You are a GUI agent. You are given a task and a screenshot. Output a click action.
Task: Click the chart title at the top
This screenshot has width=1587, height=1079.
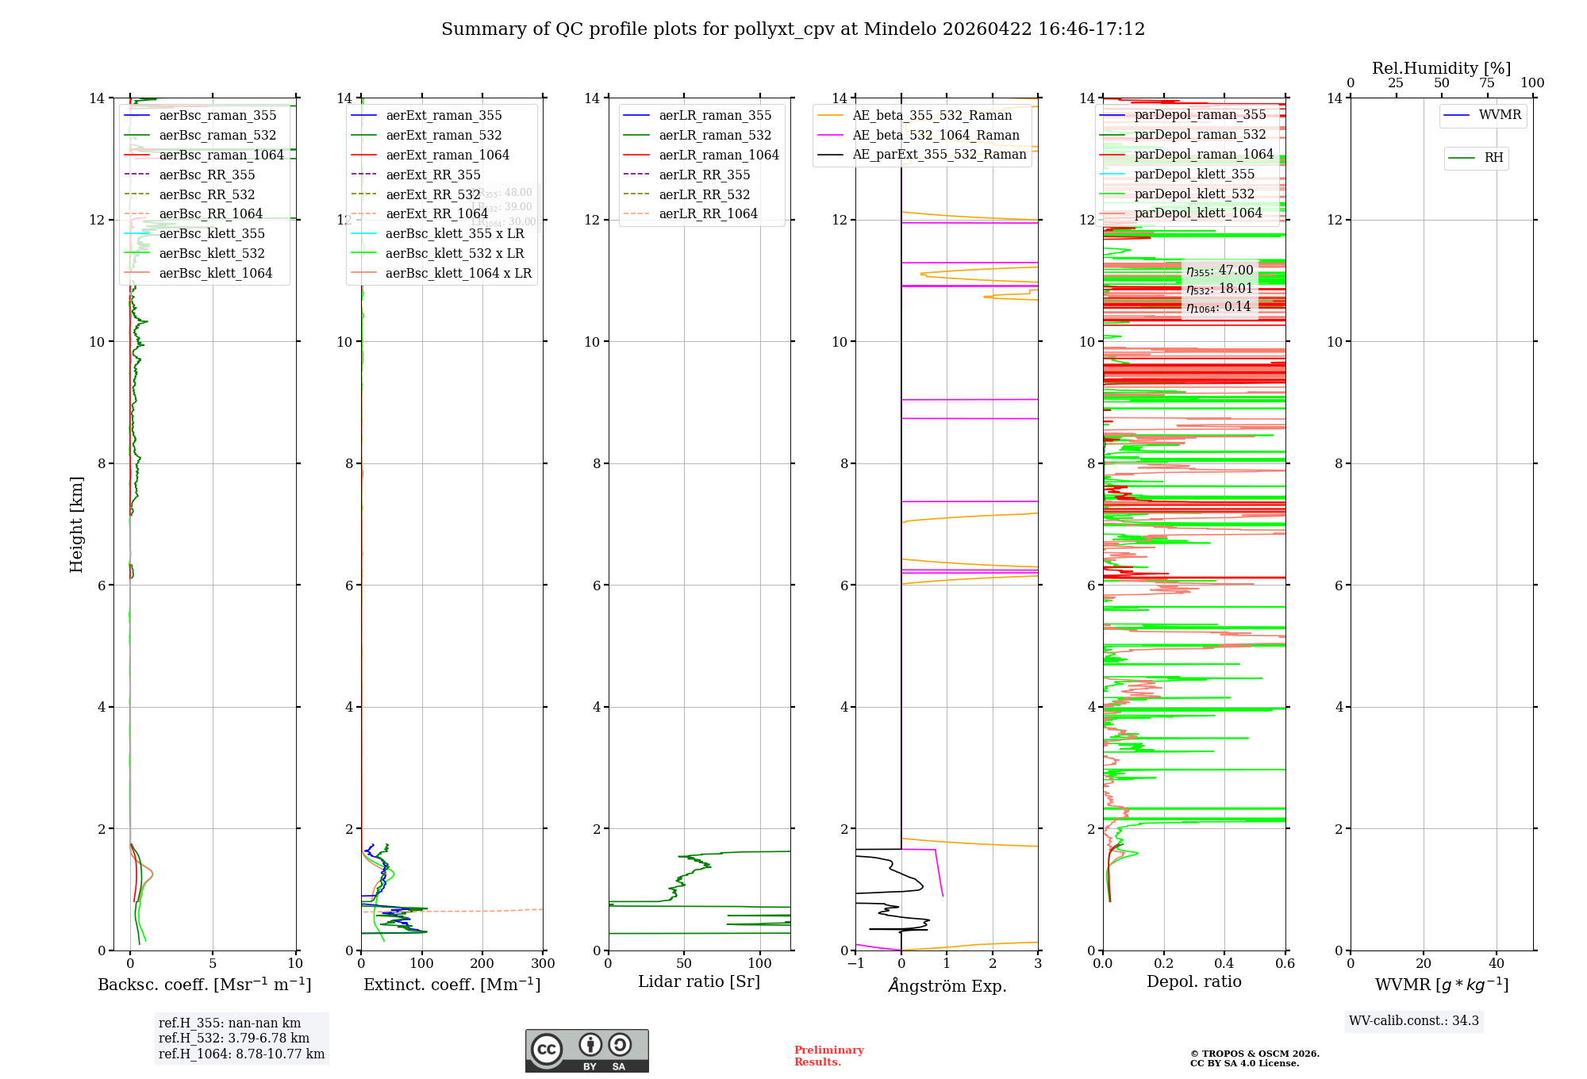793,29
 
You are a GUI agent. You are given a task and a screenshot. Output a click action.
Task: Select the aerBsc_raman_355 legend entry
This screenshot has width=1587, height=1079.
217,116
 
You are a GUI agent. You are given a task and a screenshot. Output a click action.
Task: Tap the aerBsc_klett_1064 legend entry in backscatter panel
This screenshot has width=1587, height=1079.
215,274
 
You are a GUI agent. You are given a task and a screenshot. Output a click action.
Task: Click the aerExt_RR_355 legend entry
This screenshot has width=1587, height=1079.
432,175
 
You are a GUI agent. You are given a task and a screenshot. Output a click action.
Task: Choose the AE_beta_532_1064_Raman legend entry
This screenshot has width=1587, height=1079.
936,136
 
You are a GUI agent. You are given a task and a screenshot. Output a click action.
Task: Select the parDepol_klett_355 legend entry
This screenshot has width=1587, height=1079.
1194,175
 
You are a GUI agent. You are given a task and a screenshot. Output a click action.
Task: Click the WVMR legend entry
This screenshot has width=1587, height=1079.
1500,115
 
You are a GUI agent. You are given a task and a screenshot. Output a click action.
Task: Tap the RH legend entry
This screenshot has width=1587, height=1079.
1493,158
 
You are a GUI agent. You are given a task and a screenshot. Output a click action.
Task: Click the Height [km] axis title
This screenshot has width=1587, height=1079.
76,524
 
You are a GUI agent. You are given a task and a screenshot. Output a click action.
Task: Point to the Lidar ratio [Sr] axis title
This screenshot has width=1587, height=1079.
699,982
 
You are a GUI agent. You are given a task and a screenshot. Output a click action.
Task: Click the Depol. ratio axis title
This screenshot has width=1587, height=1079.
1193,982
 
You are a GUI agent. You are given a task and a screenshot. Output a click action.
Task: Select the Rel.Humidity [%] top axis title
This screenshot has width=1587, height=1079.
1441,68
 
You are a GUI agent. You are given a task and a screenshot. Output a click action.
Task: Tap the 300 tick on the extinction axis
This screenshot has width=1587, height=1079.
543,964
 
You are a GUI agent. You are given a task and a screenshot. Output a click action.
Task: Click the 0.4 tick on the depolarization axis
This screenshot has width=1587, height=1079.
1224,964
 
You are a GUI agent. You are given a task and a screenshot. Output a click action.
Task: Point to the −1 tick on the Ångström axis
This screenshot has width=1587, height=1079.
855,964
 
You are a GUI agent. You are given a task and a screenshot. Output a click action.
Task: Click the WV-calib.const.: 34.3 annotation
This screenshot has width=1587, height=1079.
1414,1021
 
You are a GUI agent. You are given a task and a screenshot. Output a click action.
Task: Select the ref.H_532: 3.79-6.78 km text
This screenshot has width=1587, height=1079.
234,1039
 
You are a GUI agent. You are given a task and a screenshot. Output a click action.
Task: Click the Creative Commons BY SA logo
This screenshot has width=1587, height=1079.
586,1051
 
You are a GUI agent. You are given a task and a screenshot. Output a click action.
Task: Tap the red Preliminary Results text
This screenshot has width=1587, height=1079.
828,1056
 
